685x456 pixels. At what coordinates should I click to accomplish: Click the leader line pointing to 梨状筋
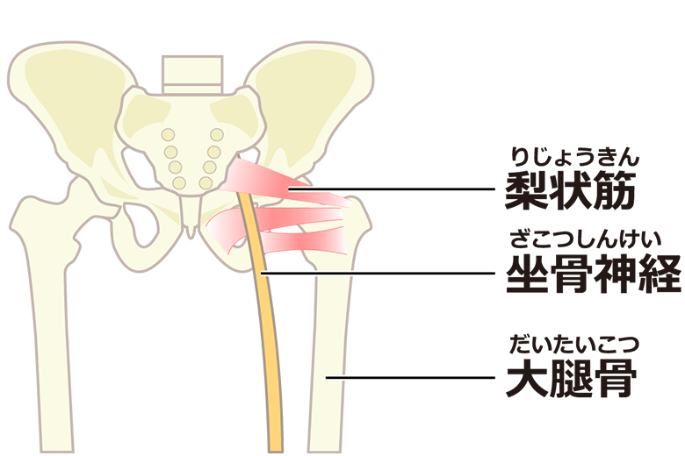click(x=395, y=189)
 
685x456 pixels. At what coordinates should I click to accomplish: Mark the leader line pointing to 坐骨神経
click(x=378, y=274)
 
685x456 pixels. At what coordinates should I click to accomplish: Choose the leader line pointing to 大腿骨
click(x=413, y=377)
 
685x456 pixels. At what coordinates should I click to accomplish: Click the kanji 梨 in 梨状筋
click(x=526, y=190)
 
